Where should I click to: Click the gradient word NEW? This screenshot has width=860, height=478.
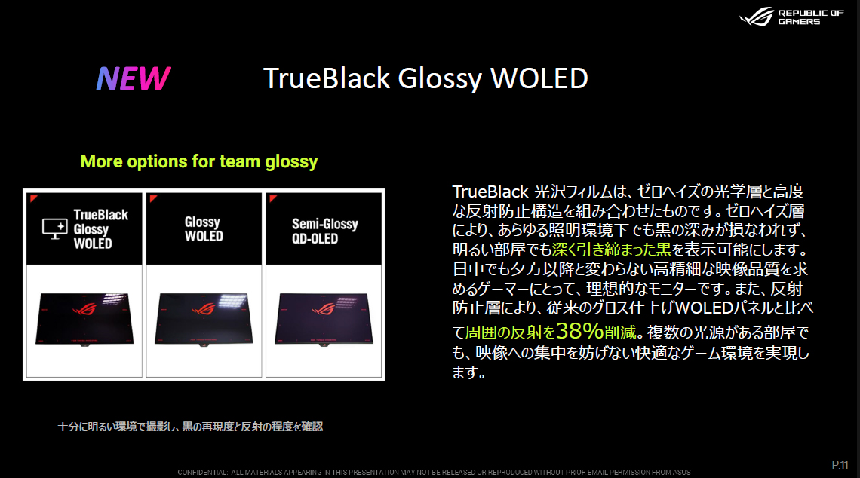(x=134, y=78)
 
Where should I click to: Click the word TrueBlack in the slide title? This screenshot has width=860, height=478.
(x=327, y=78)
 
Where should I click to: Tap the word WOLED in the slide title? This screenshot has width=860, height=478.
(x=539, y=78)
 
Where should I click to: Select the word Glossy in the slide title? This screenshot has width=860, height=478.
(x=440, y=80)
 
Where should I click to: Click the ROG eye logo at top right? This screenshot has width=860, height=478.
(x=757, y=17)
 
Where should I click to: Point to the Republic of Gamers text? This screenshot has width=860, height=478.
(x=810, y=17)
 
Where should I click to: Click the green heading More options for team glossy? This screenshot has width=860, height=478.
(x=199, y=161)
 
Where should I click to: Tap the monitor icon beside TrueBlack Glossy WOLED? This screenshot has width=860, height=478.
(x=55, y=228)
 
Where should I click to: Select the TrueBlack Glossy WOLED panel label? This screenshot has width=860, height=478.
(x=101, y=229)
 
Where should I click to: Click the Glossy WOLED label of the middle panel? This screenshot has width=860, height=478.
(x=204, y=229)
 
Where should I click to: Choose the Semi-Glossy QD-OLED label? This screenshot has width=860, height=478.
(x=324, y=231)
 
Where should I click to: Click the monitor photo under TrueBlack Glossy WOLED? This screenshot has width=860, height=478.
(x=84, y=318)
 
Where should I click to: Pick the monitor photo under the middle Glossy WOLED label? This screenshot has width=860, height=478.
(x=204, y=319)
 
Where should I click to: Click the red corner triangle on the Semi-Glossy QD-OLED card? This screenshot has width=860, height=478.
(x=272, y=198)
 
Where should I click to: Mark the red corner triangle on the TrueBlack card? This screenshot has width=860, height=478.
(x=33, y=198)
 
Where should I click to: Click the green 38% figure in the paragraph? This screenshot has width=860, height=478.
(x=579, y=331)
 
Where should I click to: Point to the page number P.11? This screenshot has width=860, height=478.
(x=840, y=465)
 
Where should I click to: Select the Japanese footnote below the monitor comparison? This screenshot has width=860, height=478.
(x=190, y=427)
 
